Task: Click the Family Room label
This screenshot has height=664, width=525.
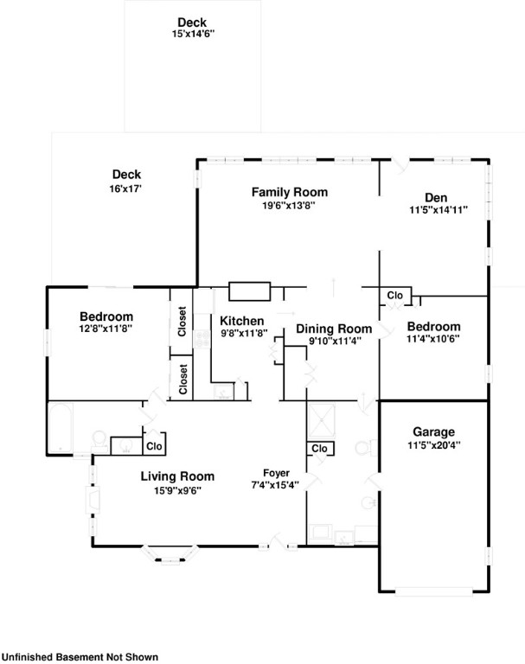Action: click(290, 192)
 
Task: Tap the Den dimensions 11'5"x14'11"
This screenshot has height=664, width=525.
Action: click(439, 209)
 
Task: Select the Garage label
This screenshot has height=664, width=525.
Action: click(434, 432)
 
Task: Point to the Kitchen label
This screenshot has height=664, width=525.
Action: click(242, 321)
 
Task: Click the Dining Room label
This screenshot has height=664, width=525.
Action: click(334, 329)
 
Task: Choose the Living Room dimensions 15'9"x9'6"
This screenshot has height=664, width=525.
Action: click(177, 491)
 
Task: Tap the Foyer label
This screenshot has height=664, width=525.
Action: click(276, 473)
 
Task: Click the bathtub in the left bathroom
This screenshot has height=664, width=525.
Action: click(61, 428)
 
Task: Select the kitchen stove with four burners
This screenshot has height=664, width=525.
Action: click(202, 339)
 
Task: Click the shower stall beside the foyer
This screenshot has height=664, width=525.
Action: click(322, 420)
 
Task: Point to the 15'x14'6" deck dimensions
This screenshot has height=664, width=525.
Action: click(193, 35)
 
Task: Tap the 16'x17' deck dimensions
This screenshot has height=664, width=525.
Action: click(125, 188)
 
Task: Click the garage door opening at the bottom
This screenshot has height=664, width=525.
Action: click(433, 591)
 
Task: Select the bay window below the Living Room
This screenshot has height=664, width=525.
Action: click(170, 555)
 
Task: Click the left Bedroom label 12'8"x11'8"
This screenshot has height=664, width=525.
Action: click(106, 322)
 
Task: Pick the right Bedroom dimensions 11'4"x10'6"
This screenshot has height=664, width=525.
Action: click(433, 339)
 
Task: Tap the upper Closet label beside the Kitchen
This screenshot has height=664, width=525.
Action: click(182, 322)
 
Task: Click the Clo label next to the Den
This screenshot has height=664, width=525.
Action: click(394, 295)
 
